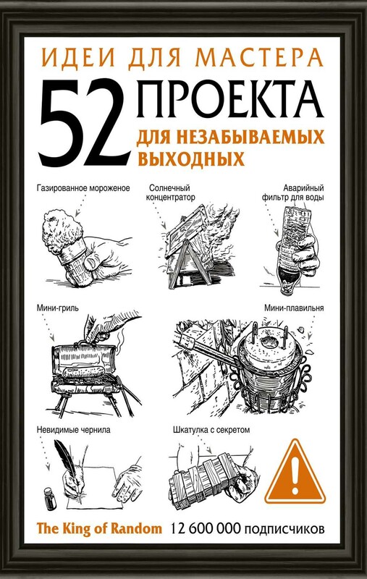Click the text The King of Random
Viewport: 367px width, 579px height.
pos(99,529)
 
